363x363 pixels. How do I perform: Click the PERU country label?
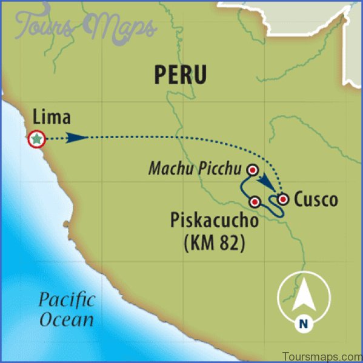click(x=180, y=75)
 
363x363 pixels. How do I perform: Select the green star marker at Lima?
click(x=37, y=139)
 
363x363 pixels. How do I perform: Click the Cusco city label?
click(x=316, y=199)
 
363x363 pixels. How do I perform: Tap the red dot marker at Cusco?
click(x=282, y=198)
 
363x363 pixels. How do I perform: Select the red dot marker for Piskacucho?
click(x=255, y=201)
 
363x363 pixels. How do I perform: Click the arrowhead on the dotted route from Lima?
click(x=76, y=138)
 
